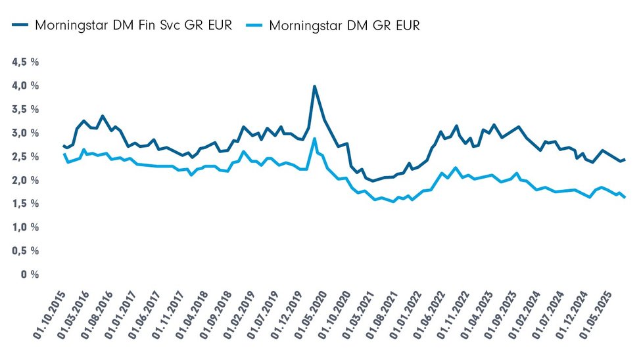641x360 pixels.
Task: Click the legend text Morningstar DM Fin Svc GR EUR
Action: click(x=133, y=26)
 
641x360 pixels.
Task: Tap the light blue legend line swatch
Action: click(x=254, y=26)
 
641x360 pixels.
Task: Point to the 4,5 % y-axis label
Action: click(x=25, y=62)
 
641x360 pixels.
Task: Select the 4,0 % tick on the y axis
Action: click(x=25, y=86)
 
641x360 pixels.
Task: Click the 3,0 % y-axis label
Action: click(x=25, y=133)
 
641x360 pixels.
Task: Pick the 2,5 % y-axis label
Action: click(x=25, y=157)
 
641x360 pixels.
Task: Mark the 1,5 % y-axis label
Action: click(x=25, y=204)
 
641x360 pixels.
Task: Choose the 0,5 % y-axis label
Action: click(x=25, y=251)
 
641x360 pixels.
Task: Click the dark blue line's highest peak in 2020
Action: click(x=314, y=86)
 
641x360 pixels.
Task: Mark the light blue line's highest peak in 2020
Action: click(x=315, y=139)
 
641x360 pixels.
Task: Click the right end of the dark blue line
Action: click(x=625, y=160)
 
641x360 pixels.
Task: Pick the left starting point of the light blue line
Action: click(x=64, y=154)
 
